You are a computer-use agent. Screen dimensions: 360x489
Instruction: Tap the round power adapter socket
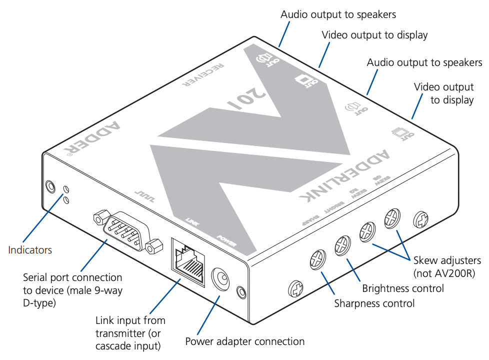220,278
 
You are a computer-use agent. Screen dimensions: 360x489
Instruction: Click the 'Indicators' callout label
29,249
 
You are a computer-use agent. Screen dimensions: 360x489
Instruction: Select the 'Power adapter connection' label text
244,341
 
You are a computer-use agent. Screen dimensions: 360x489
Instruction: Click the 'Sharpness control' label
374,303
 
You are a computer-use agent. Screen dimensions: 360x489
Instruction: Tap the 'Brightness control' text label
402,288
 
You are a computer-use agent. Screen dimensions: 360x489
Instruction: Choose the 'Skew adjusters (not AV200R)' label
446,266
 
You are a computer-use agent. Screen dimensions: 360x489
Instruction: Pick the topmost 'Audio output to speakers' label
338,14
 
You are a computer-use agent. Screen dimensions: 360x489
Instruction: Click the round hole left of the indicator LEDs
50,187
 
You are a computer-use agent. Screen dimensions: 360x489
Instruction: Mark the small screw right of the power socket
241,291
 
